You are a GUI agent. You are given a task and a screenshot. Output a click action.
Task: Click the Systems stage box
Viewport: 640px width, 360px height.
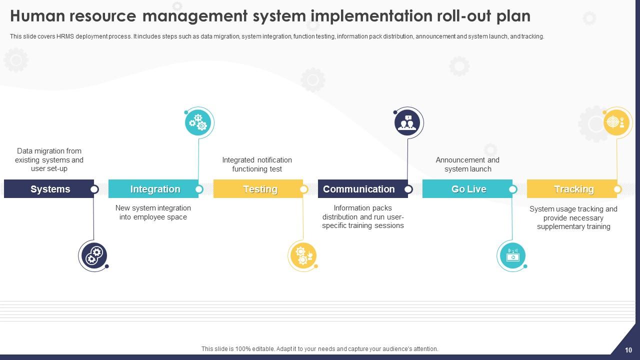pos(49,189)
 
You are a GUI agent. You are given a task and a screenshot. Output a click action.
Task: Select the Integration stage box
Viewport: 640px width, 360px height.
pos(153,189)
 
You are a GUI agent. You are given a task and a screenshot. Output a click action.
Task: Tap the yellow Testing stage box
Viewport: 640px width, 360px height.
pos(258,189)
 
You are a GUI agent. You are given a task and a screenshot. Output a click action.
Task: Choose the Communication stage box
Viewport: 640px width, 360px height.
pos(363,189)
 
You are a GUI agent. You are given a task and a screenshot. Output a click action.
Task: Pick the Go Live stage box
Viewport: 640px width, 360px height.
pos(467,189)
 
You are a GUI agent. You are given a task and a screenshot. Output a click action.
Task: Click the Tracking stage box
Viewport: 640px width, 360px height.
pos(572,189)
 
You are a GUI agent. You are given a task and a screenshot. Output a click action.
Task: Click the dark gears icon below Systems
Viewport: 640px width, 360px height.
pos(94,255)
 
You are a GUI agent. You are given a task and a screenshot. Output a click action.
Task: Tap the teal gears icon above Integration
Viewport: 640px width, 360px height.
pos(198,123)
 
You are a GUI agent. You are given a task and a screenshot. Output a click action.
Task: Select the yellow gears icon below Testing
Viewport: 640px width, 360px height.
pos(303,255)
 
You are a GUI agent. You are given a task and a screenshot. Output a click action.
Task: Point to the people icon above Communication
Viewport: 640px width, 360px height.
pos(407,123)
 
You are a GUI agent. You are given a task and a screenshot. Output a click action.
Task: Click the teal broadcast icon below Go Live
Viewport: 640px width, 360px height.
pos(512,255)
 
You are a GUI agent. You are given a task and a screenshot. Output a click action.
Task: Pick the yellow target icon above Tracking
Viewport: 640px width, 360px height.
pos(616,123)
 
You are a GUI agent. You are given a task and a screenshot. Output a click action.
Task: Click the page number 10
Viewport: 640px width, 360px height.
pos(628,350)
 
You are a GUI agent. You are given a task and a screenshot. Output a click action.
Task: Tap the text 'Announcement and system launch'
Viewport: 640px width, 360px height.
pos(467,164)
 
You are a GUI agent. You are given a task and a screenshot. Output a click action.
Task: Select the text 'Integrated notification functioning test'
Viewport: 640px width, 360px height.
pos(257,164)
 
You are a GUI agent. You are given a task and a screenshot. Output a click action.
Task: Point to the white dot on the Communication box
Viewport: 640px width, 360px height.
pos(408,189)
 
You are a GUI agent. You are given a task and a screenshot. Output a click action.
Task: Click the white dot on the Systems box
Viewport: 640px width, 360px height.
pos(94,189)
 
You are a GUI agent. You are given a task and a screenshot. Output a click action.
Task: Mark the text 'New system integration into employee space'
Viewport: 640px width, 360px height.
pos(153,212)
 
